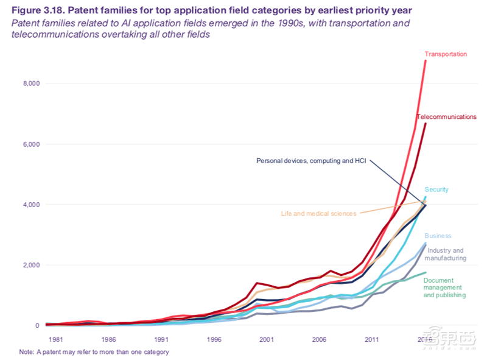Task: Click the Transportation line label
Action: tap(446, 54)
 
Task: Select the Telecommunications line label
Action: tap(446, 116)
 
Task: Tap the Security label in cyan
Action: tap(436, 189)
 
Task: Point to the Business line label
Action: tap(438, 236)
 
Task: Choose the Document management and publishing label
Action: tap(444, 288)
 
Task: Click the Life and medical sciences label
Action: tap(319, 214)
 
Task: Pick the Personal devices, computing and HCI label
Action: tap(310, 161)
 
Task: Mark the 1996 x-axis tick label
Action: tap(213, 339)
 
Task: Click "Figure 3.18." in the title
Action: tap(37, 9)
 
